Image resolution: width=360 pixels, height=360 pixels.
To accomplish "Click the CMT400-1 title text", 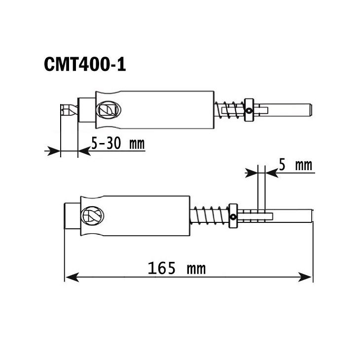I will [85, 64].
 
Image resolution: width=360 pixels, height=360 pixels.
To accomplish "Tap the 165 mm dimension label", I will [177, 269].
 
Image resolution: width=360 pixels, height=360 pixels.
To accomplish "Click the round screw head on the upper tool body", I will [107, 109].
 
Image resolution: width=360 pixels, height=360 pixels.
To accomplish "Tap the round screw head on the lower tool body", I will [92, 216].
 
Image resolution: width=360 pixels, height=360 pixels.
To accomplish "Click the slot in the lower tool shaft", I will [259, 215].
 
